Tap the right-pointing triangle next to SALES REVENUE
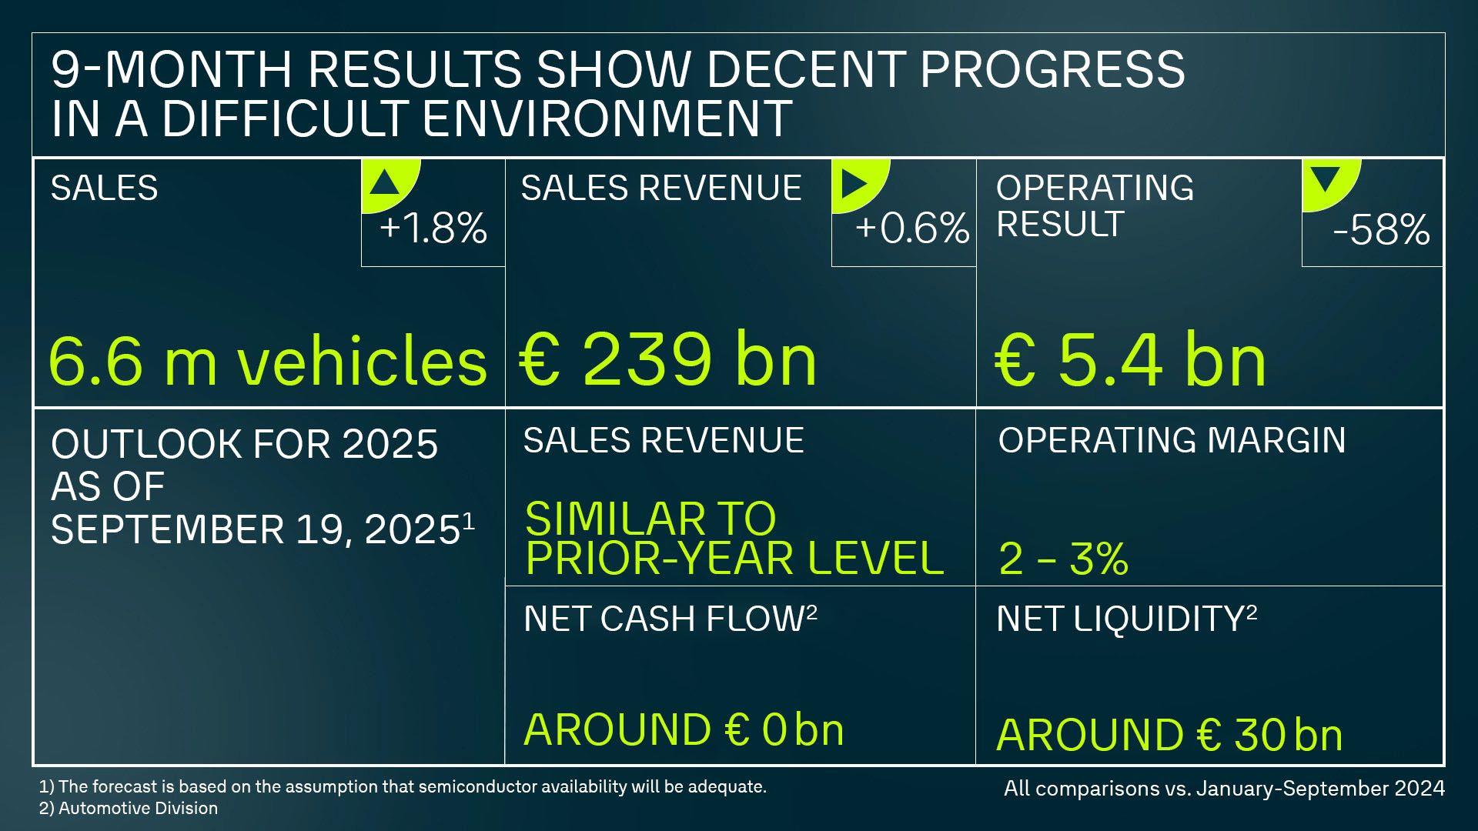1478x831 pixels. point(855,183)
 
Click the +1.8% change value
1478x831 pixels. point(433,229)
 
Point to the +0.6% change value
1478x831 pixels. point(911,229)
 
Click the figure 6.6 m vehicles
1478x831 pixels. point(267,360)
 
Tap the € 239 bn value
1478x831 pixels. point(668,359)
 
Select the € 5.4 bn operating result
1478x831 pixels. point(1130,360)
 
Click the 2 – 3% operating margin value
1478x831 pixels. point(1063,559)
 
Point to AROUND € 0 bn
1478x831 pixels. point(684,729)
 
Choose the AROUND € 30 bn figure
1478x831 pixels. point(1169,735)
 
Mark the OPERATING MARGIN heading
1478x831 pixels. point(1172,440)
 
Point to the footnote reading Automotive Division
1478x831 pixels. point(138,808)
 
